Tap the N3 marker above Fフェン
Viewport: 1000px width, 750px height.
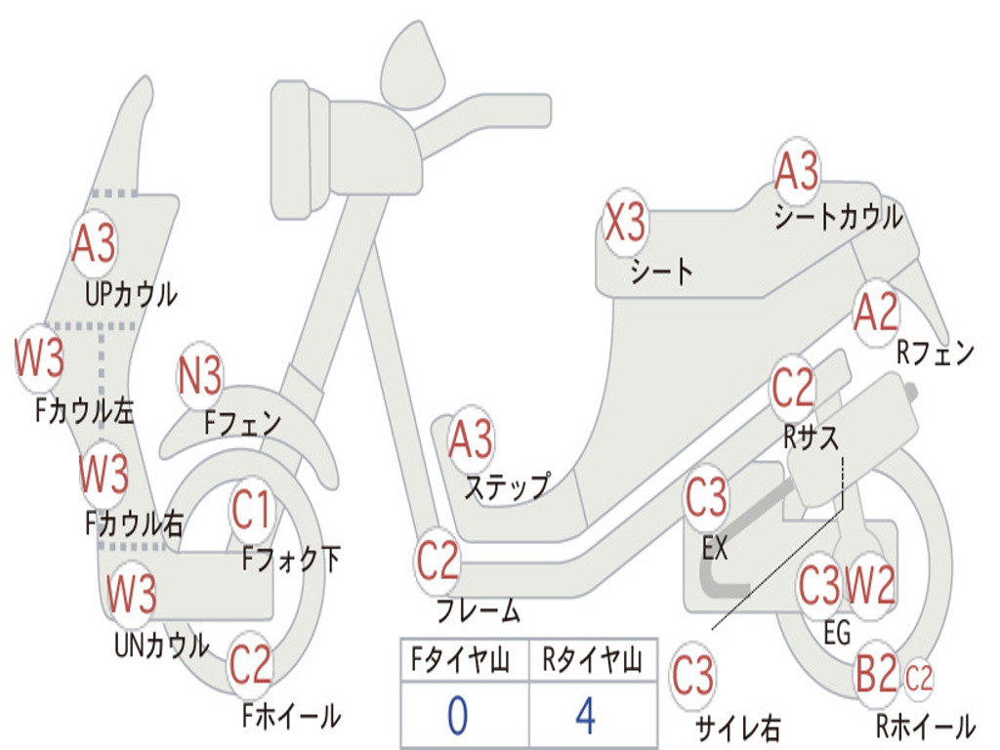200,376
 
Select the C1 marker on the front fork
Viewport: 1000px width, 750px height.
252,509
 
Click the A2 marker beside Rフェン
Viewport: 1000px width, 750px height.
875,312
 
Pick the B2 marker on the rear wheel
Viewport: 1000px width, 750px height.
876,674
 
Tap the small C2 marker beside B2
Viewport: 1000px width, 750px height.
919,677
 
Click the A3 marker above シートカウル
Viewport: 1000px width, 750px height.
797,172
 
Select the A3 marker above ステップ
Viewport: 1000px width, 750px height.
471,440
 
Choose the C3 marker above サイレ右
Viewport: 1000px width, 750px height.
692,676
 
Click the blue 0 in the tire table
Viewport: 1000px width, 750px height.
457,716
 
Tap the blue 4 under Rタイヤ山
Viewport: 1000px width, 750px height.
586,716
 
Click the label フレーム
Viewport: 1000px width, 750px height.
479,612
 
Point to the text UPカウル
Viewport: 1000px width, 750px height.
131,293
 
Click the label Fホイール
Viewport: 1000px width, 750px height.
291,716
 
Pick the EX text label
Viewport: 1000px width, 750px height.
715,549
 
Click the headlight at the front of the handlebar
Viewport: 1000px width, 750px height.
304,149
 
